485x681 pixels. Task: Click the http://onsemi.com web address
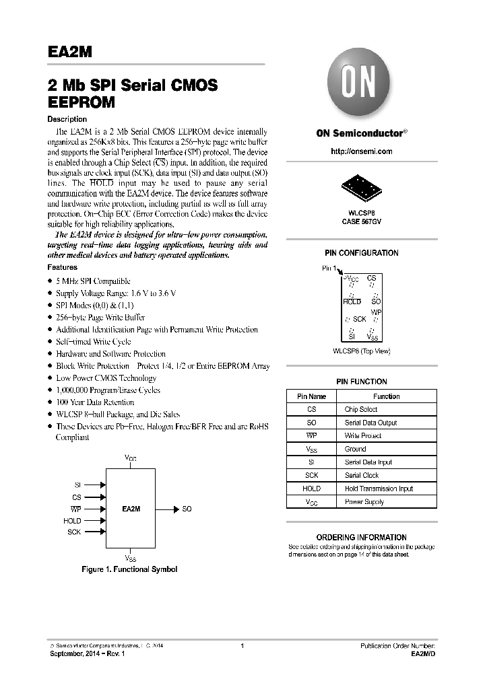click(361, 151)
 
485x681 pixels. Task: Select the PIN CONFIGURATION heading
click(361, 253)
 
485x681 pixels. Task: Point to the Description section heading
click(67, 119)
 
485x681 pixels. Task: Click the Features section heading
click(63, 267)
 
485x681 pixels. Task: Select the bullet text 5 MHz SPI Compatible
click(93, 281)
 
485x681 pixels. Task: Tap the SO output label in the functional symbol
click(187, 509)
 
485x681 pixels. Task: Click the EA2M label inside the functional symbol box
click(131, 509)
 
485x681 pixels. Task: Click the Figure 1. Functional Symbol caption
click(129, 569)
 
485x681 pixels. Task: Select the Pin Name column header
click(311, 396)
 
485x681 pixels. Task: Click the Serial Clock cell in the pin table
click(361, 475)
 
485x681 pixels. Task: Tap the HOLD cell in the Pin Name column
click(311, 489)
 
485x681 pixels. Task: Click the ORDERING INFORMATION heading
click(361, 537)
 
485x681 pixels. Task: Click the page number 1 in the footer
click(242, 646)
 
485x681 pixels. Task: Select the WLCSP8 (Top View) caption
click(361, 351)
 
